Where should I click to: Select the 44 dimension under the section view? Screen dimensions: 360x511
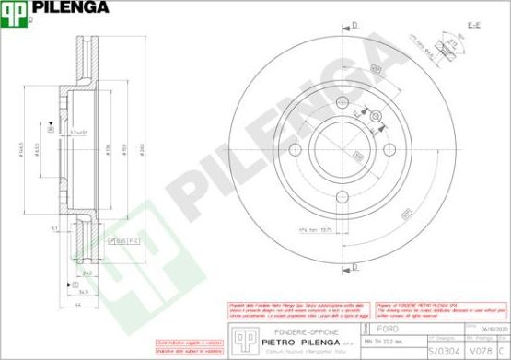pyautogui.click(x=80, y=305)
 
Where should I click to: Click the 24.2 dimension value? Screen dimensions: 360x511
pyautogui.click(x=87, y=273)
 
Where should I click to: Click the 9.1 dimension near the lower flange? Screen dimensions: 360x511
pyautogui.click(x=55, y=226)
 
